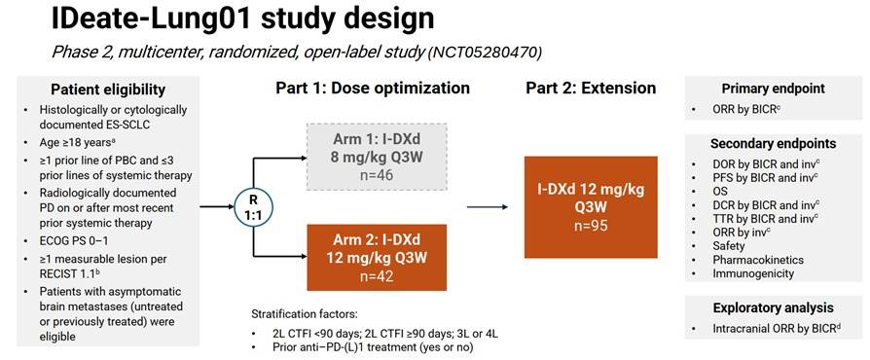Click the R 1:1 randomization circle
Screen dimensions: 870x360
point(253,207)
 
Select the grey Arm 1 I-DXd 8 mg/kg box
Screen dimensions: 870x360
point(377,156)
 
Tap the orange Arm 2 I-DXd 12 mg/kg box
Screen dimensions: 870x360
point(377,258)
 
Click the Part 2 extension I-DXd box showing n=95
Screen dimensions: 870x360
point(591,207)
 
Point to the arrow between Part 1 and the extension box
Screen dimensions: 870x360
point(488,207)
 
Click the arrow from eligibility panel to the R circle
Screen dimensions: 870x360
point(216,207)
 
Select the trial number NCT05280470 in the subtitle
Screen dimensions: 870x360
point(485,53)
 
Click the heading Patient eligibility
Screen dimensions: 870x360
point(108,90)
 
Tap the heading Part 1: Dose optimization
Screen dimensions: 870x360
point(373,88)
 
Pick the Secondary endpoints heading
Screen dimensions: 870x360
point(773,144)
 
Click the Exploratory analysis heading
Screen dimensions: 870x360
point(773,307)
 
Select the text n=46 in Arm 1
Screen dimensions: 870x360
point(377,176)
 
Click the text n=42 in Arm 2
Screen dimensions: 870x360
point(377,275)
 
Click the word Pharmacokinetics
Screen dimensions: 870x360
point(758,260)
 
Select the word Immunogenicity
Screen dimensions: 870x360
point(753,273)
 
